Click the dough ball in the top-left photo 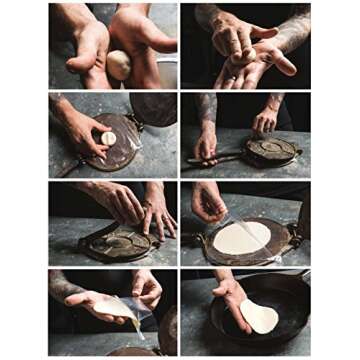[x=118, y=64]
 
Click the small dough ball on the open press [x=108, y=138]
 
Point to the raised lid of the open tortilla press [x=155, y=109]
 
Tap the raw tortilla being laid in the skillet [x=259, y=317]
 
